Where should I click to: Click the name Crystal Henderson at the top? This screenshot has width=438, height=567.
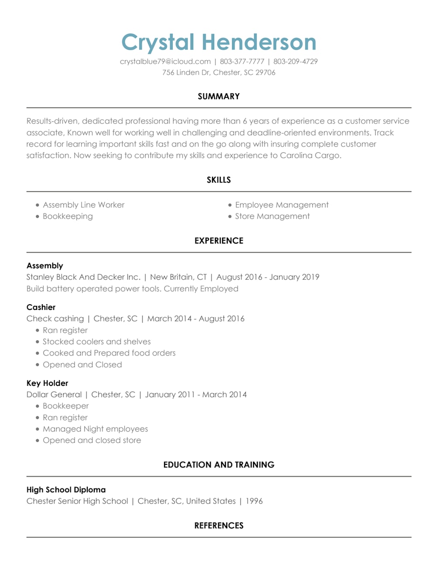[219, 42]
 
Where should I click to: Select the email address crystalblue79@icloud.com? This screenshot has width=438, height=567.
[165, 62]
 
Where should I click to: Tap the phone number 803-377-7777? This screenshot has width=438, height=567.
[242, 62]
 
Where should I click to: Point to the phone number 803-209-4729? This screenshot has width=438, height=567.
[295, 62]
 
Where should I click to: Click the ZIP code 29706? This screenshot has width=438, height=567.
[265, 72]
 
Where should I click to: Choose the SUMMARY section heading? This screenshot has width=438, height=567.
[219, 96]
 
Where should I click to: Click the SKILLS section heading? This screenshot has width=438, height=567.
[219, 180]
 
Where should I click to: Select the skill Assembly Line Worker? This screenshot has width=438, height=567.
[83, 205]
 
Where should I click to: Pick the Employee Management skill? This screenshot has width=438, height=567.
[282, 205]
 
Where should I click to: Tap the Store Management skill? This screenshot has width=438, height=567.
[272, 216]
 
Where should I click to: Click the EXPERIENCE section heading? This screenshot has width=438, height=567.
[219, 241]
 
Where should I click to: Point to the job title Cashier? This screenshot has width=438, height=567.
[41, 307]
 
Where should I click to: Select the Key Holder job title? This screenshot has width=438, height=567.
[47, 383]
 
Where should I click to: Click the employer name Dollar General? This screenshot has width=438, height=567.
[54, 395]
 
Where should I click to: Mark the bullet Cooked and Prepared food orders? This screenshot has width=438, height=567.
[109, 353]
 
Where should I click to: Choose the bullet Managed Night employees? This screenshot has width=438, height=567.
[95, 429]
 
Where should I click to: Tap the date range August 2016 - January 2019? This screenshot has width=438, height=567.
[268, 277]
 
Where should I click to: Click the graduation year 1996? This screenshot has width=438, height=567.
[254, 501]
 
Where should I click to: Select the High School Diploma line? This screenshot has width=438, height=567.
[66, 490]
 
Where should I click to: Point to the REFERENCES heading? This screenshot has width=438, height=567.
[219, 526]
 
